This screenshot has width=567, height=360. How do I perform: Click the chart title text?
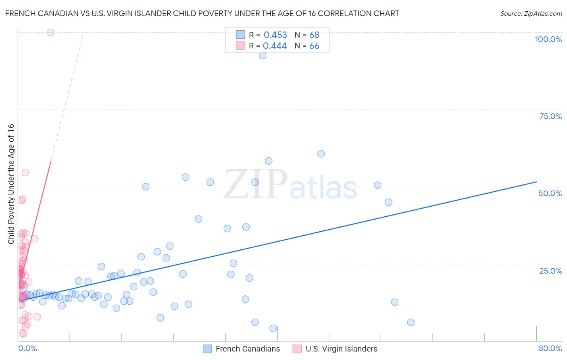pos(202,13)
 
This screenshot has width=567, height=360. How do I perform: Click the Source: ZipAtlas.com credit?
pos(531,13)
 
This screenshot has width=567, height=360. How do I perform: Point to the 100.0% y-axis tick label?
pos(548,39)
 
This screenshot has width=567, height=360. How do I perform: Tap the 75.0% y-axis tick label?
pos(550,116)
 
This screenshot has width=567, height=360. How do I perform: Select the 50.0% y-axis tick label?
pos(550,193)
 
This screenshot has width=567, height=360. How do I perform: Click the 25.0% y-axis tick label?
pos(550,271)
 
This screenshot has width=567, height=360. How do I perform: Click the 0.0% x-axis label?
pos(27,348)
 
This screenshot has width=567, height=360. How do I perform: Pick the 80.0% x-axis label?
pos(550,348)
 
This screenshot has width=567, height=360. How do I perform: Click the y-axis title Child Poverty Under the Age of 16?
pos(11,184)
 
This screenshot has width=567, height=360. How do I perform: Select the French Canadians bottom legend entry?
pos(247,349)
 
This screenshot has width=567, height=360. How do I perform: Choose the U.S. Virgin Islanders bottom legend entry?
pos(341,349)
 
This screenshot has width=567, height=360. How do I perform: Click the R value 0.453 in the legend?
pos(275,35)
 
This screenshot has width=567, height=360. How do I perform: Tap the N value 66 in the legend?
pos(314,46)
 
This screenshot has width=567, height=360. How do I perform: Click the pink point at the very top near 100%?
pos(50,32)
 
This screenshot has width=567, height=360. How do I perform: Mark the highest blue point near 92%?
pos(263,56)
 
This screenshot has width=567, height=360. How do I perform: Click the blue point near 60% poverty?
pos(321,154)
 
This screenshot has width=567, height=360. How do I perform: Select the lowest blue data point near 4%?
pos(273,329)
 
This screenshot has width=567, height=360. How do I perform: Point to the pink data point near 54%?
pos(25,172)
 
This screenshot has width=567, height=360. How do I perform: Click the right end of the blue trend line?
pos(536,182)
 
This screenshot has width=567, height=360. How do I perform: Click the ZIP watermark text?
pos(256,185)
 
